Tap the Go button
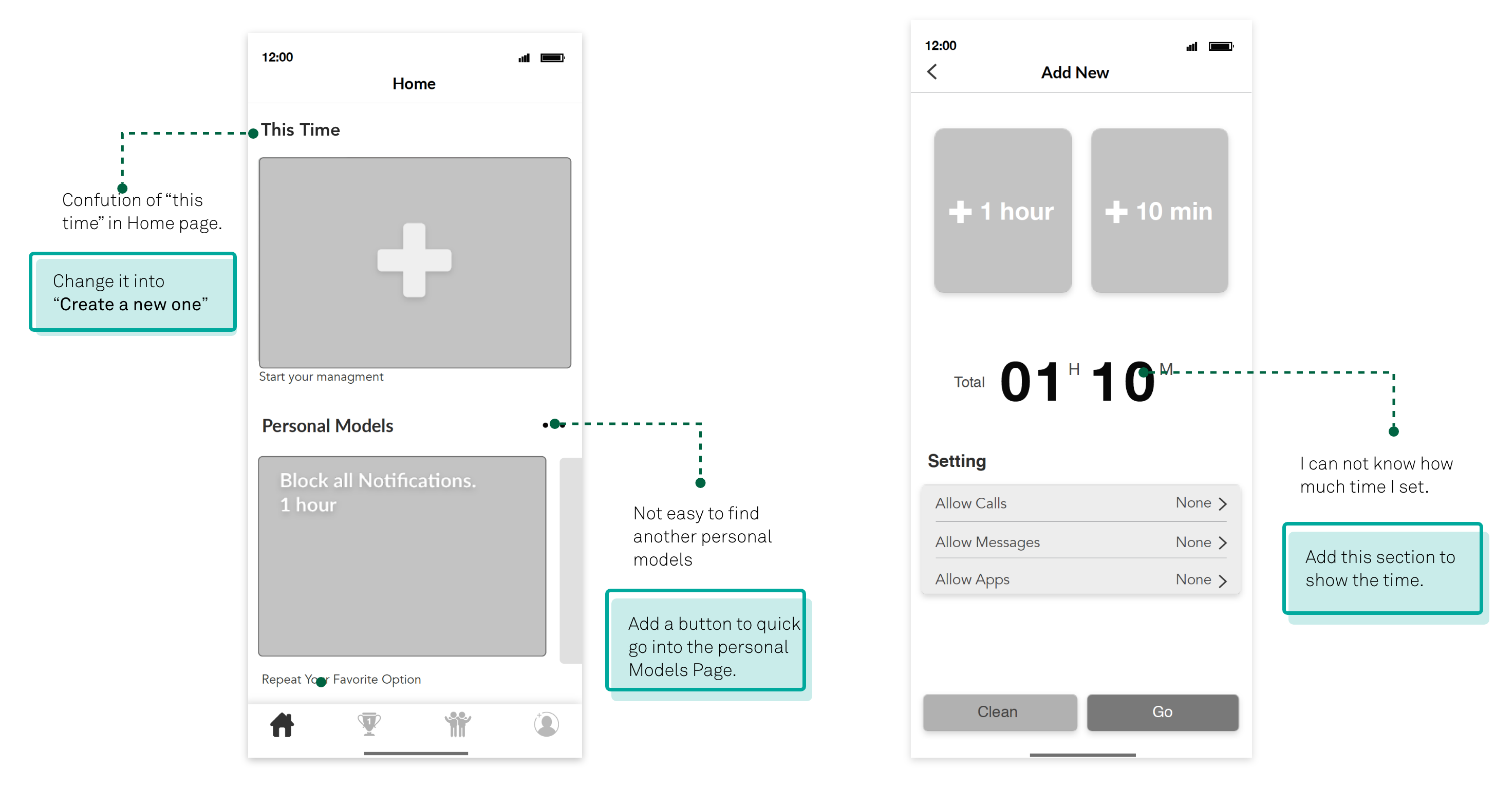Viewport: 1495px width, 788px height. point(1163,712)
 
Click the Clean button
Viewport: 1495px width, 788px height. point(999,712)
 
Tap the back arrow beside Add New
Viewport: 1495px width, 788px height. point(932,72)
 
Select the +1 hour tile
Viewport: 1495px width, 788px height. point(1002,211)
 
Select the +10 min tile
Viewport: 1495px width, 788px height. point(1159,211)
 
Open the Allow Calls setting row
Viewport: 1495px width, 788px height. point(1080,503)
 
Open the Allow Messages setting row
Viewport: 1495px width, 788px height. point(1080,542)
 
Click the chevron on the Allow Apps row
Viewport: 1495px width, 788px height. point(1223,580)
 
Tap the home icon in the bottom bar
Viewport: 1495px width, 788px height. point(282,725)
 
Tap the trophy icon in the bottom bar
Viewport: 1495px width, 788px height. point(369,724)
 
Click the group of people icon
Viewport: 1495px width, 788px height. point(458,724)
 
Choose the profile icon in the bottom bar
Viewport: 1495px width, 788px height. point(546,724)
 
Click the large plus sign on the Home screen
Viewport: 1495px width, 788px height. point(415,260)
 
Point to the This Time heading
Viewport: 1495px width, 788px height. point(300,129)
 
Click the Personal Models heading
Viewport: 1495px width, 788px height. point(327,426)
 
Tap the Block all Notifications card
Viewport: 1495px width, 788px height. point(402,556)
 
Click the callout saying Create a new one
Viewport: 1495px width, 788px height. point(133,292)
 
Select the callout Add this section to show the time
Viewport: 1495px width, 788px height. point(1382,568)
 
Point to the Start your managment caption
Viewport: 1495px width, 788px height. point(321,377)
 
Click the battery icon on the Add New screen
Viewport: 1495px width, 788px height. point(1221,46)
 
